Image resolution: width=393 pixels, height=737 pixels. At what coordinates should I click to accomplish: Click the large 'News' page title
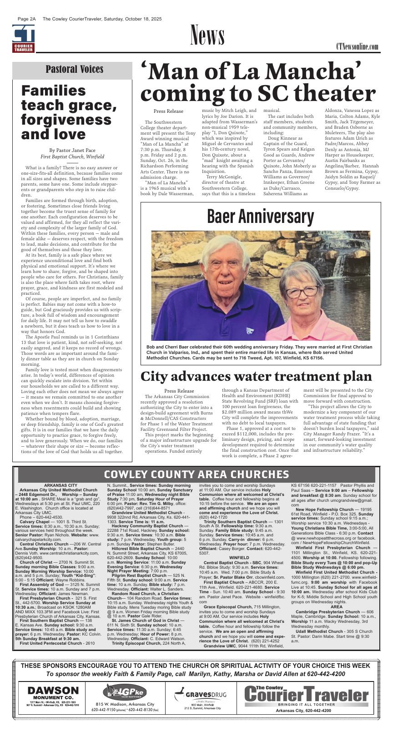click(x=207, y=36)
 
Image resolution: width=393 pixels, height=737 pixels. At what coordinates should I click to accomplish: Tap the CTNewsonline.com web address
click(x=357, y=47)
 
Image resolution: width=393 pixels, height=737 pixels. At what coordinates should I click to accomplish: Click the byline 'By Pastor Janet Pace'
click(x=72, y=150)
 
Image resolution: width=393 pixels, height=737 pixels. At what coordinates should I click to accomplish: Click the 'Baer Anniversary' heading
click(x=260, y=217)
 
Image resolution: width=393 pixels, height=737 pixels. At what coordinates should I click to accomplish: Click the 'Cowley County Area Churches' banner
click(x=196, y=475)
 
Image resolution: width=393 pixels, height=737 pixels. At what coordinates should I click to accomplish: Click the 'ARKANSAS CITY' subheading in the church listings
click(x=58, y=485)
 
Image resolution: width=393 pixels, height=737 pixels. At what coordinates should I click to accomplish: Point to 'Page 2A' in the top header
click(x=26, y=19)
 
